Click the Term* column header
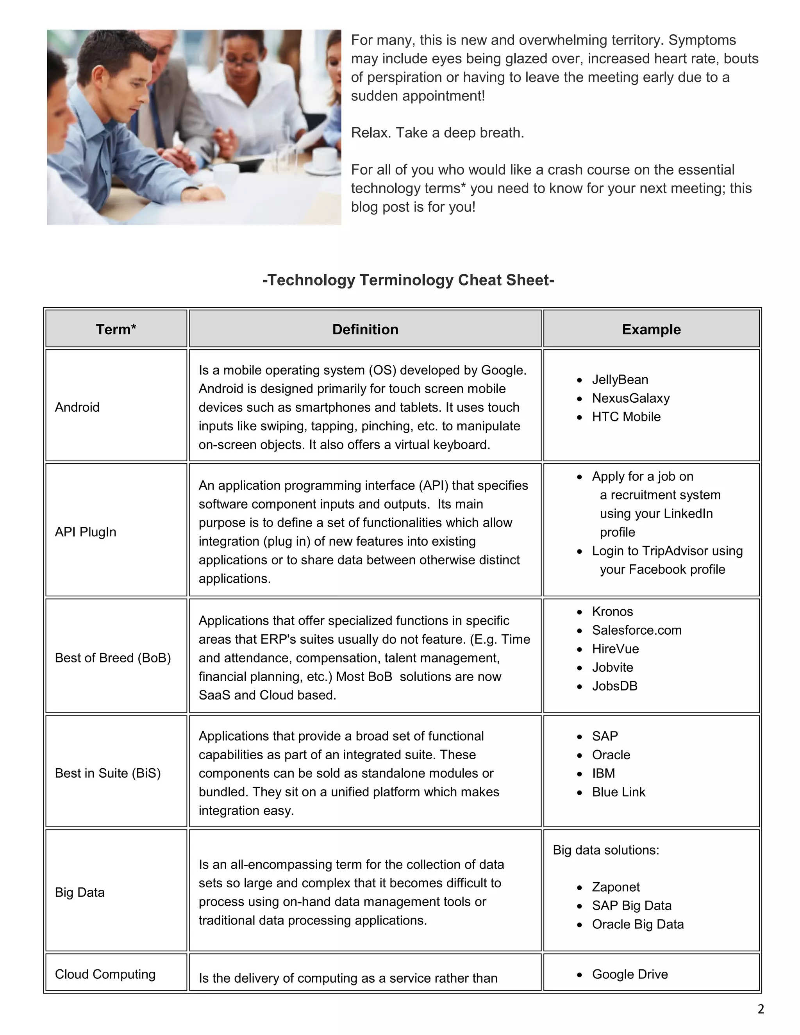tap(116, 329)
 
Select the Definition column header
tap(365, 329)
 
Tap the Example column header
tap(651, 329)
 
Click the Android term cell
tap(77, 407)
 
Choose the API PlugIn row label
tap(85, 532)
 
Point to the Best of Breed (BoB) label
tap(113, 658)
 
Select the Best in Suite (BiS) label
tap(107, 773)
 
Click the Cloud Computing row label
tap(105, 974)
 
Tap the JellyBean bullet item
tap(620, 380)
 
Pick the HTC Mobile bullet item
tap(626, 417)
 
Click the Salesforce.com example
tap(636, 630)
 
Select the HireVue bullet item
tap(615, 649)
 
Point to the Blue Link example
tap(618, 792)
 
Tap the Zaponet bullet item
tap(616, 887)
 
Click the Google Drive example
tap(630, 974)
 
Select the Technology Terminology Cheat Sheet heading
tap(408, 280)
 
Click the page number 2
tap(761, 1009)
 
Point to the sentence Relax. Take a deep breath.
tap(437, 133)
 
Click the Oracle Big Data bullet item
tap(637, 924)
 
